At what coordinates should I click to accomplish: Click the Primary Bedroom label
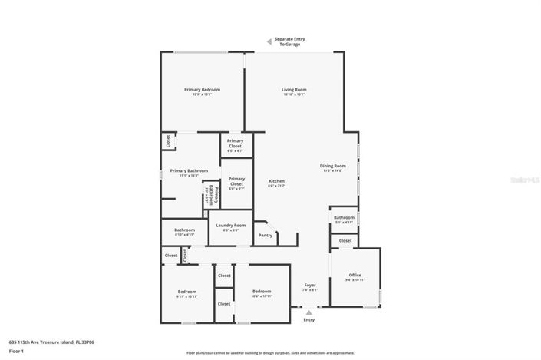click(x=202, y=90)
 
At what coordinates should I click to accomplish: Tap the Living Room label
click(x=294, y=90)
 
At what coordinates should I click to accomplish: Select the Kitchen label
click(x=276, y=181)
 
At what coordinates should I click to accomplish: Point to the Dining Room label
click(x=333, y=166)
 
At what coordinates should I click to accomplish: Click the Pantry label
click(x=266, y=236)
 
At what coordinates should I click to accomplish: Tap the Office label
click(x=355, y=275)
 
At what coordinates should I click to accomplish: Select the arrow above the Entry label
click(x=309, y=312)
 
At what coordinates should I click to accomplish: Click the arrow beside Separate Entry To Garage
click(x=268, y=42)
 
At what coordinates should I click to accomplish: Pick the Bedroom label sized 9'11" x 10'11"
click(x=187, y=292)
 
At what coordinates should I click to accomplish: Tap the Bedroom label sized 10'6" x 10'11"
click(x=262, y=292)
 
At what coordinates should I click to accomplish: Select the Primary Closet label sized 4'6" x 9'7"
click(x=236, y=183)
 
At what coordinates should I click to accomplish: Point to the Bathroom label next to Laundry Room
click(x=184, y=230)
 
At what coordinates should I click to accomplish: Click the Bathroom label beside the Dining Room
click(x=344, y=217)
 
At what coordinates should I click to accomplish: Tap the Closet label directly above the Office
click(x=345, y=240)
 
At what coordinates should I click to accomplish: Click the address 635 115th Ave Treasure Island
click(x=51, y=342)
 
